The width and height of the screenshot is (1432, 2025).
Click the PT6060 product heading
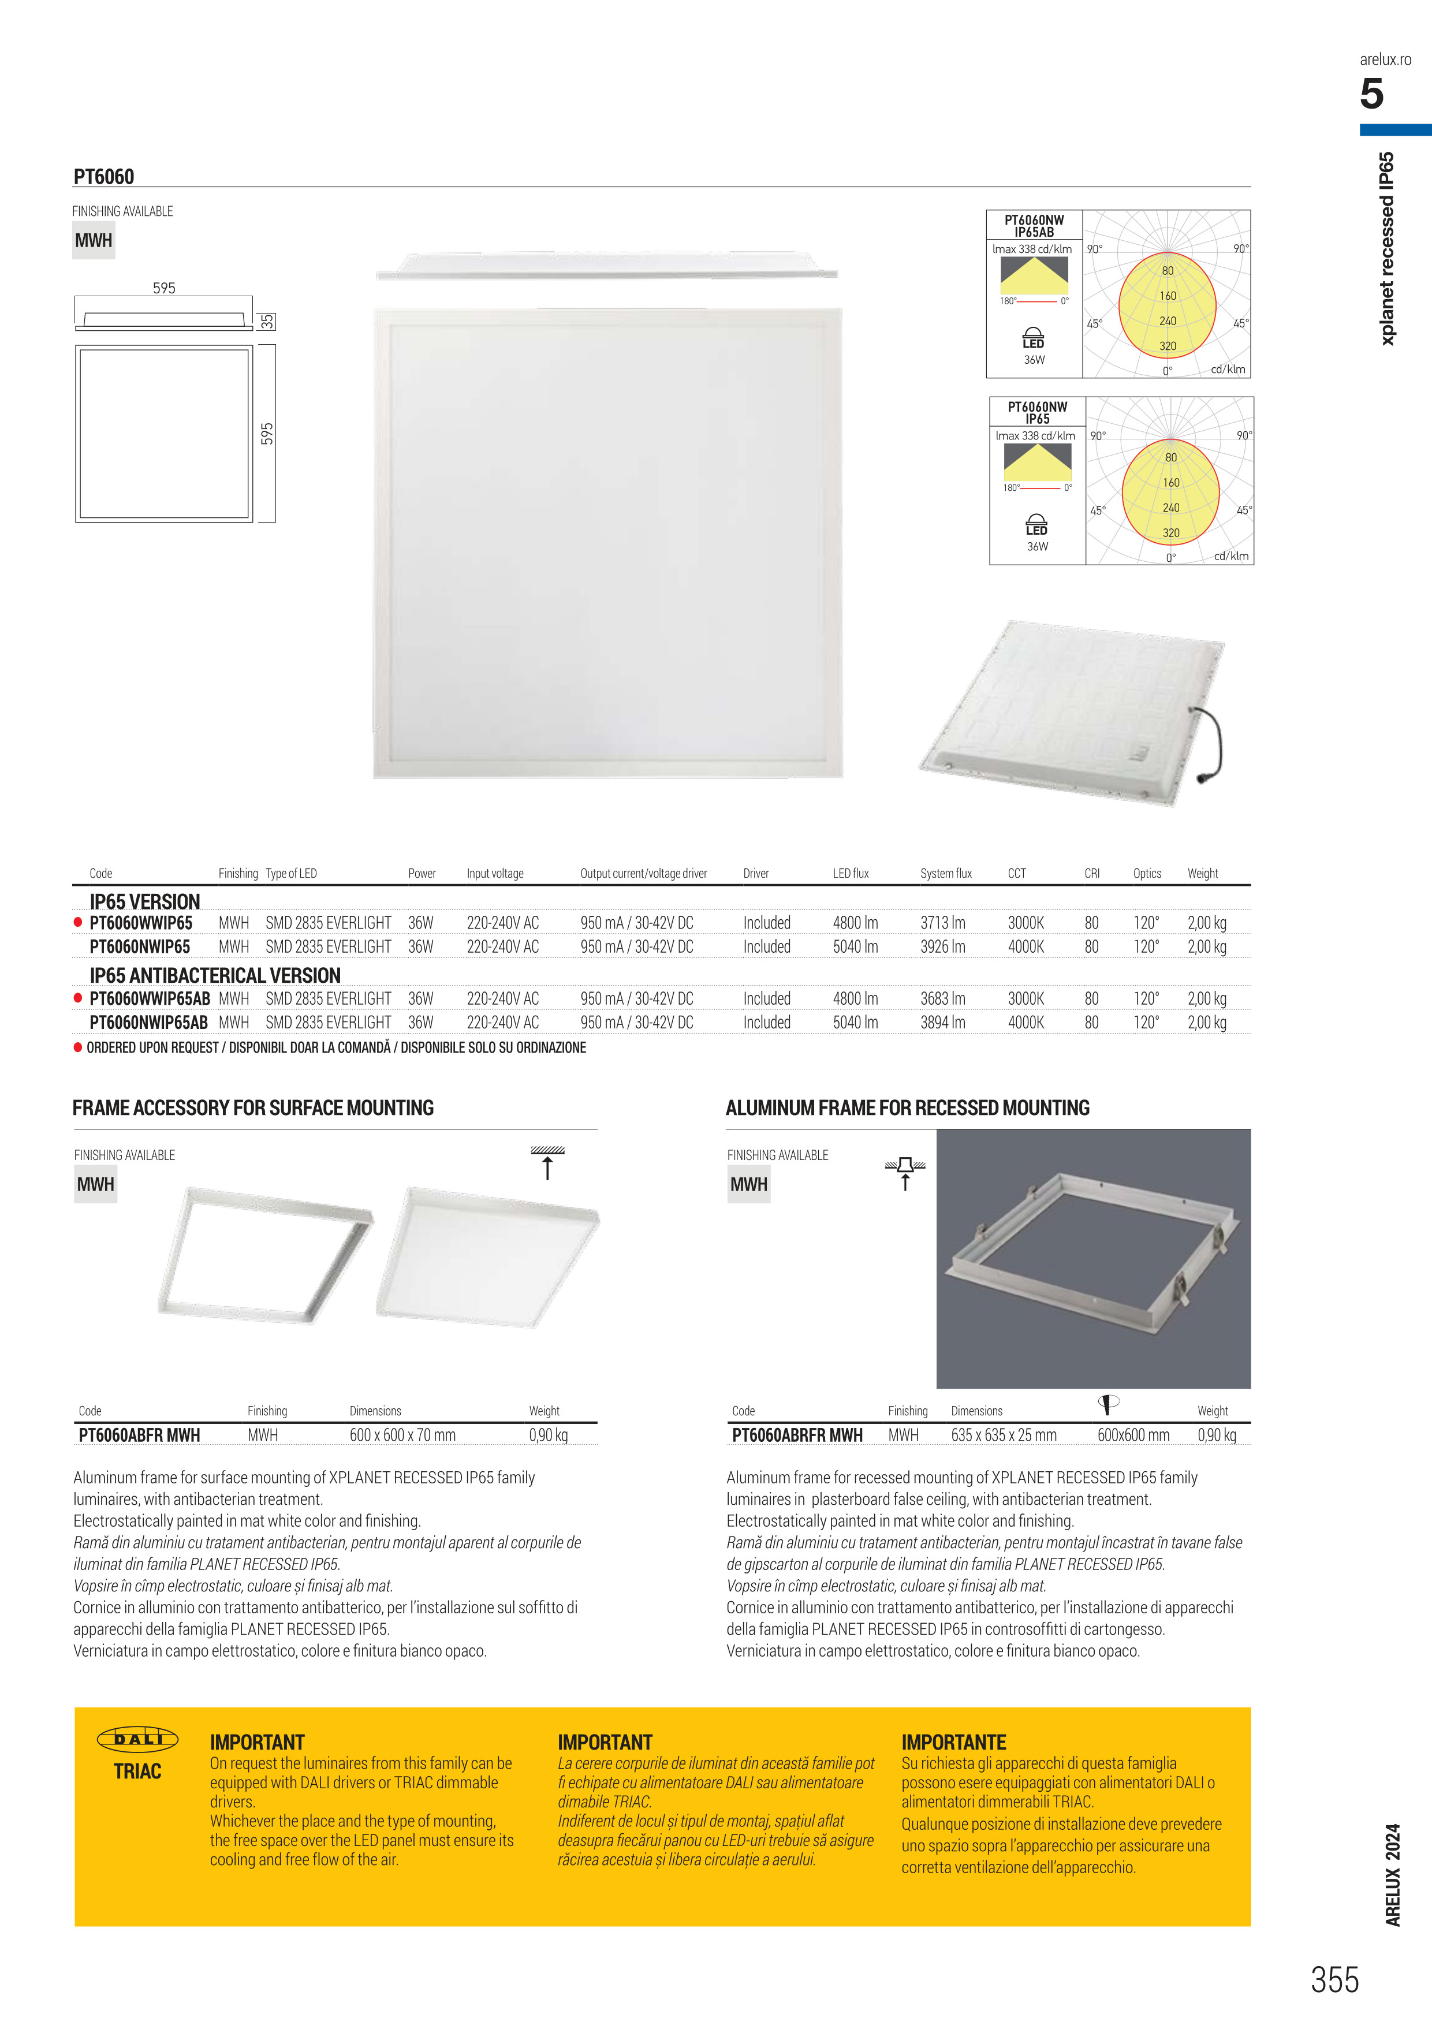click(104, 176)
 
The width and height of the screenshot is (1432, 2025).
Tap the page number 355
click(1334, 1980)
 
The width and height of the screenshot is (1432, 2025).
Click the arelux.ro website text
click(1385, 59)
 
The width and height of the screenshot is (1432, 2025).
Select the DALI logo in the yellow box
click(137, 1739)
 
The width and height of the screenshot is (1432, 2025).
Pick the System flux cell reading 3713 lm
click(942, 923)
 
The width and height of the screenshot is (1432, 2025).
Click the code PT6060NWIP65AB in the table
click(148, 1022)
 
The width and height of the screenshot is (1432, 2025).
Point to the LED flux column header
click(850, 873)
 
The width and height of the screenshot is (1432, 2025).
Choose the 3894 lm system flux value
click(942, 1022)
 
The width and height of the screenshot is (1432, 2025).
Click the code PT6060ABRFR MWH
click(797, 1435)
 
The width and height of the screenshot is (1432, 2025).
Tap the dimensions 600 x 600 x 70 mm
click(402, 1435)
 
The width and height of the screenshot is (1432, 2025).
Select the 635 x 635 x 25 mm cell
click(1004, 1435)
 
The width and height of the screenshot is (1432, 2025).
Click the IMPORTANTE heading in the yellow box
click(953, 1742)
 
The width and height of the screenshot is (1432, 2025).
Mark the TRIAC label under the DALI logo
click(137, 1771)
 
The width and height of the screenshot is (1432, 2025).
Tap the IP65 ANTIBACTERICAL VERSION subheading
click(215, 975)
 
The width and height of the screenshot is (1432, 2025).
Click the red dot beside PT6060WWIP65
click(77, 923)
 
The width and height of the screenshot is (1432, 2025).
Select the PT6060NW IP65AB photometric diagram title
click(1034, 226)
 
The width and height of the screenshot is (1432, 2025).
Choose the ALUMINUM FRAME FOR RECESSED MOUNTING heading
click(907, 1107)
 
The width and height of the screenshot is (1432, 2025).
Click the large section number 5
click(1371, 94)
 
